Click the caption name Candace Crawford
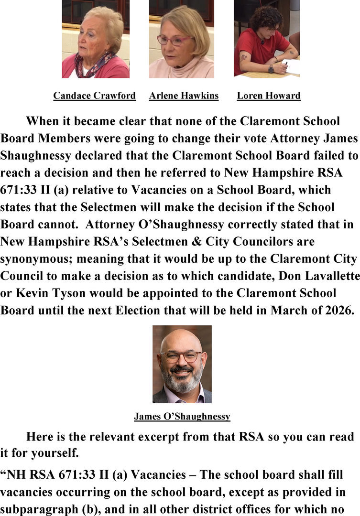coord(94,96)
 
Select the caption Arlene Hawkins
coord(184,96)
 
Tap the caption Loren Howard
coord(269,96)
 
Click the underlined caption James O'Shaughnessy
coord(182,417)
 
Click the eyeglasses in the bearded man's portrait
coord(181,356)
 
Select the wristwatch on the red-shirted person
coord(271,69)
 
